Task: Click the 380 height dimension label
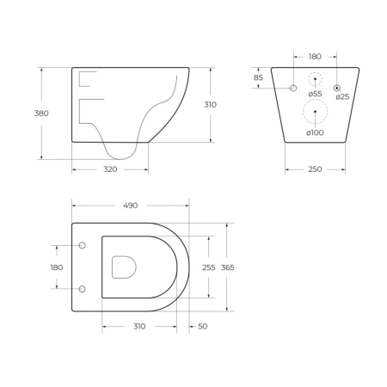[x=41, y=114]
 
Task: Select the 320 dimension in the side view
[x=110, y=169]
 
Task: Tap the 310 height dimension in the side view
[x=210, y=105]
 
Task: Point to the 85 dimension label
[x=258, y=77]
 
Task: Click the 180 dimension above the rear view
[x=315, y=57]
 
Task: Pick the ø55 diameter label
[x=315, y=94]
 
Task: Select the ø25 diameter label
[x=342, y=97]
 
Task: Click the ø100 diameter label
[x=315, y=132]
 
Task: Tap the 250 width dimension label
[x=315, y=169]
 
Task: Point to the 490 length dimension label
[x=131, y=206]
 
